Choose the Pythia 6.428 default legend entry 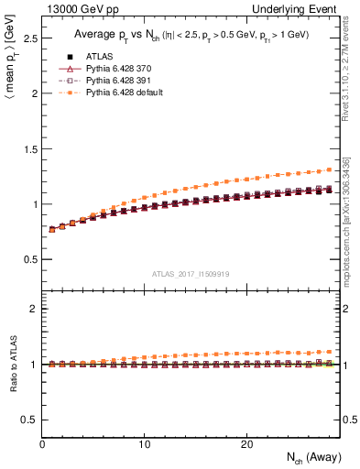tap(122, 92)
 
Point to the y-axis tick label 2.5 tap(29, 38)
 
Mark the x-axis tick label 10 tap(144, 444)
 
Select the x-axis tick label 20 tap(245, 444)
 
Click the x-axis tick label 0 tap(42, 444)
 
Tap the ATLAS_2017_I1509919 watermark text tap(191, 273)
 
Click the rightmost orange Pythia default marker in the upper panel tap(331, 169)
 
